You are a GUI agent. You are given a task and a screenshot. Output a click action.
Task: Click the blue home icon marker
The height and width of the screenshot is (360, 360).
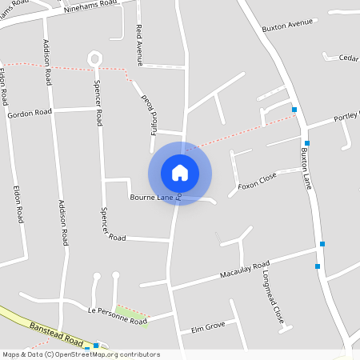(180, 173)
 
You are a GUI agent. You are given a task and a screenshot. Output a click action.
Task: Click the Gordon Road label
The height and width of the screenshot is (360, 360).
(30, 114)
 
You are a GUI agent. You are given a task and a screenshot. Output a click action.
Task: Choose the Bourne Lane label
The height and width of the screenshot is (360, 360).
(151, 196)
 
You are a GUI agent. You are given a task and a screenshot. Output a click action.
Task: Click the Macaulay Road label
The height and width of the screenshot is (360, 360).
(245, 270)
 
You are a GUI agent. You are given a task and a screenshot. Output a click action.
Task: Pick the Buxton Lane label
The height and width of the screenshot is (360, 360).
(306, 166)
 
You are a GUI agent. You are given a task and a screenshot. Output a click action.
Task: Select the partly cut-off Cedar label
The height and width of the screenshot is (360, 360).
(348, 58)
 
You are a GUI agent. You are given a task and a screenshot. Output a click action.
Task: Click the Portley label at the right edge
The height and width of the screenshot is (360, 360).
(346, 118)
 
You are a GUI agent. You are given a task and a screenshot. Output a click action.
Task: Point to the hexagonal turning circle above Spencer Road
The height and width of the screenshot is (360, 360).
(95, 58)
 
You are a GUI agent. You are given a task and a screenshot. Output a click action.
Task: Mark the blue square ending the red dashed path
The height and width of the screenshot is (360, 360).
(294, 110)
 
